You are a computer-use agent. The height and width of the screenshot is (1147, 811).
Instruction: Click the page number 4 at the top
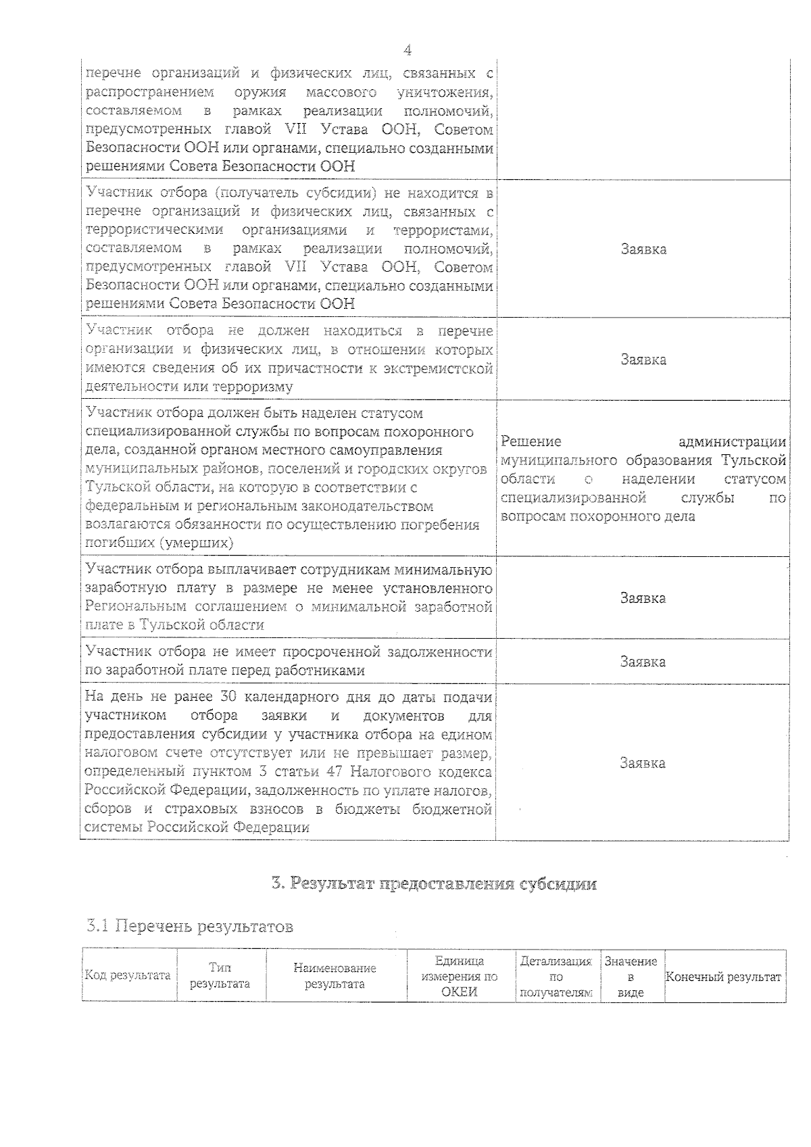(408, 51)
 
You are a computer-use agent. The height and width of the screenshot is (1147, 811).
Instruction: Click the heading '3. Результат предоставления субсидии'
(433, 883)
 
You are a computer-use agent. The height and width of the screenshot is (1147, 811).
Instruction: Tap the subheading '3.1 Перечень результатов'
(190, 926)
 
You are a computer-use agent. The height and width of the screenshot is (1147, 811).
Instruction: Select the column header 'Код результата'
(127, 975)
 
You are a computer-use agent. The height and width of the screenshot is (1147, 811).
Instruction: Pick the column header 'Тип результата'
(220, 975)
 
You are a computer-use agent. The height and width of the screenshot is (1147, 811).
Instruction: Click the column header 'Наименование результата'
(335, 975)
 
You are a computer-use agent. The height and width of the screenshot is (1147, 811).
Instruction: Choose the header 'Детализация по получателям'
(556, 976)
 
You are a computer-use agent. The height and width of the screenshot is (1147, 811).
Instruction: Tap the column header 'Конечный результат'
(723, 977)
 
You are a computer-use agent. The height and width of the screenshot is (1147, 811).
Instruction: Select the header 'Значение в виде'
(631, 976)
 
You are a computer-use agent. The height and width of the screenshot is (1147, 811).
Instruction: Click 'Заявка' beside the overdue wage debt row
(643, 662)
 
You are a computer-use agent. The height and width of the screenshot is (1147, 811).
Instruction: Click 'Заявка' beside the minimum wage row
(643, 598)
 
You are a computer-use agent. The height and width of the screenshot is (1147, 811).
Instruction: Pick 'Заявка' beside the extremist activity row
(643, 360)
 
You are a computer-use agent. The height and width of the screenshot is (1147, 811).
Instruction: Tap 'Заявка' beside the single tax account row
(643, 763)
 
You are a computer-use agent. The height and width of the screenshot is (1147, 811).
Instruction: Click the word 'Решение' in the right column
(531, 442)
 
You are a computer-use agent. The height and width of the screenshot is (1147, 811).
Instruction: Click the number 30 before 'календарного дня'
(228, 697)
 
